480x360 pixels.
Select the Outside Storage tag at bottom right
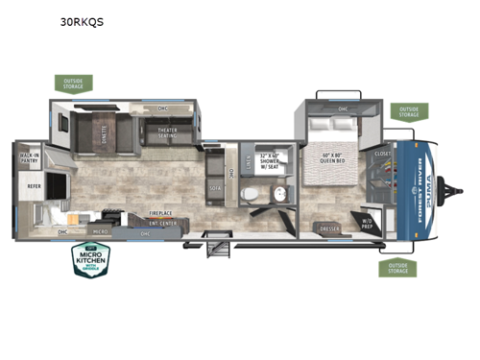[396, 267]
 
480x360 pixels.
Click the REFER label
[33, 188]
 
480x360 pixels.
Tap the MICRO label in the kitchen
[99, 231]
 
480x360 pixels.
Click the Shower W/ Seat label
[273, 164]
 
